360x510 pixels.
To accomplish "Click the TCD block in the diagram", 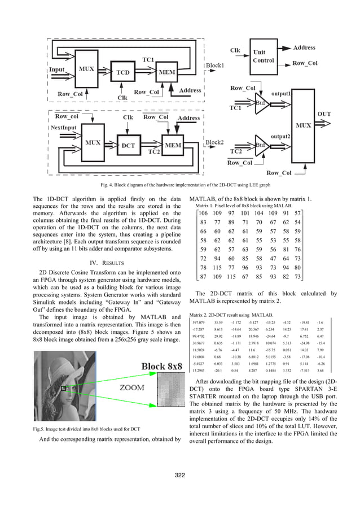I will (122, 73).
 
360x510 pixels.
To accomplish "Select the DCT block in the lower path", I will (129, 145).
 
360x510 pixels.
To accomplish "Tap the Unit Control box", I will (264, 56).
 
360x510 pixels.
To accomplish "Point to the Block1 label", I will (214, 66).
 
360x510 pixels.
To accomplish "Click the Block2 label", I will (214, 142).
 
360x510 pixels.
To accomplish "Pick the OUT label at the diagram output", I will (324, 114).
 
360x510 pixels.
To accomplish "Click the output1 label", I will (282, 93).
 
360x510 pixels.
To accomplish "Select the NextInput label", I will (63, 128).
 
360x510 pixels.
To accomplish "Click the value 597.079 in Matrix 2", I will (199, 322).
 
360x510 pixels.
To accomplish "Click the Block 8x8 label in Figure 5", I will (161, 367).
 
